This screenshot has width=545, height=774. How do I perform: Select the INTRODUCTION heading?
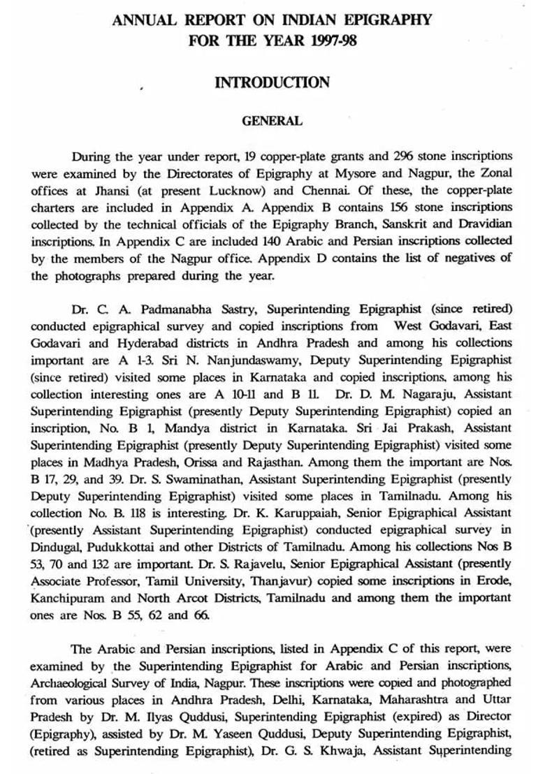(272, 82)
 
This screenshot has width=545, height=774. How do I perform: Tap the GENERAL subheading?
(272, 121)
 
